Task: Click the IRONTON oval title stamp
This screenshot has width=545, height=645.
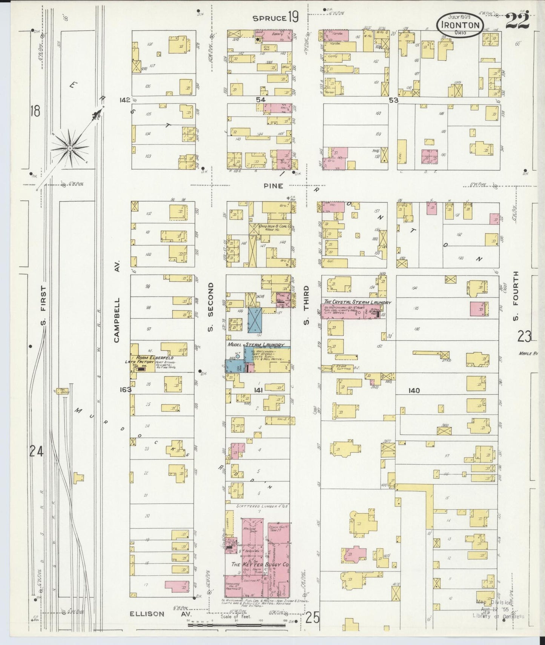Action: pyautogui.click(x=459, y=25)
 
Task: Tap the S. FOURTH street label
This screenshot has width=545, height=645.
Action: pyautogui.click(x=515, y=296)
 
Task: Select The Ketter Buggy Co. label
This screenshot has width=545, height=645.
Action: pyautogui.click(x=260, y=565)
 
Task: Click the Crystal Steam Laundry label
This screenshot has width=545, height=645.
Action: pyautogui.click(x=357, y=303)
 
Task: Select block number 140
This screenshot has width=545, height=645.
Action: pyautogui.click(x=414, y=391)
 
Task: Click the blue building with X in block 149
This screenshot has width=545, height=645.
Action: pyautogui.click(x=255, y=320)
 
